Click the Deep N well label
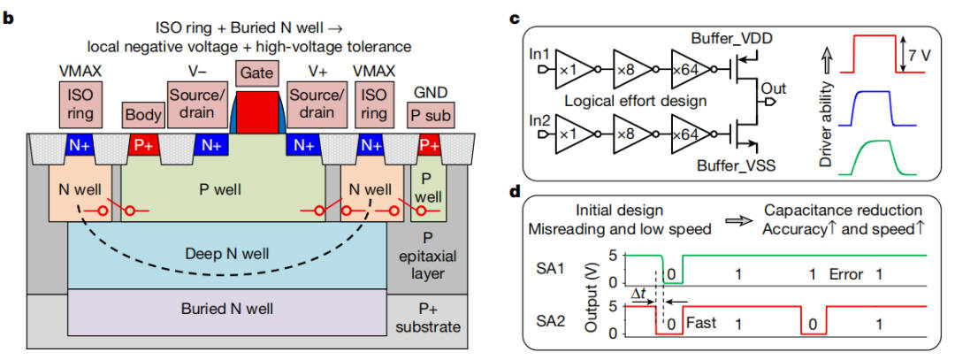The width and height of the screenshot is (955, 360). (218, 252)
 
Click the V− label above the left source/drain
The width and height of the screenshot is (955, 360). (200, 69)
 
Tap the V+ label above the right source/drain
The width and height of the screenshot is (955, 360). (315, 69)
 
